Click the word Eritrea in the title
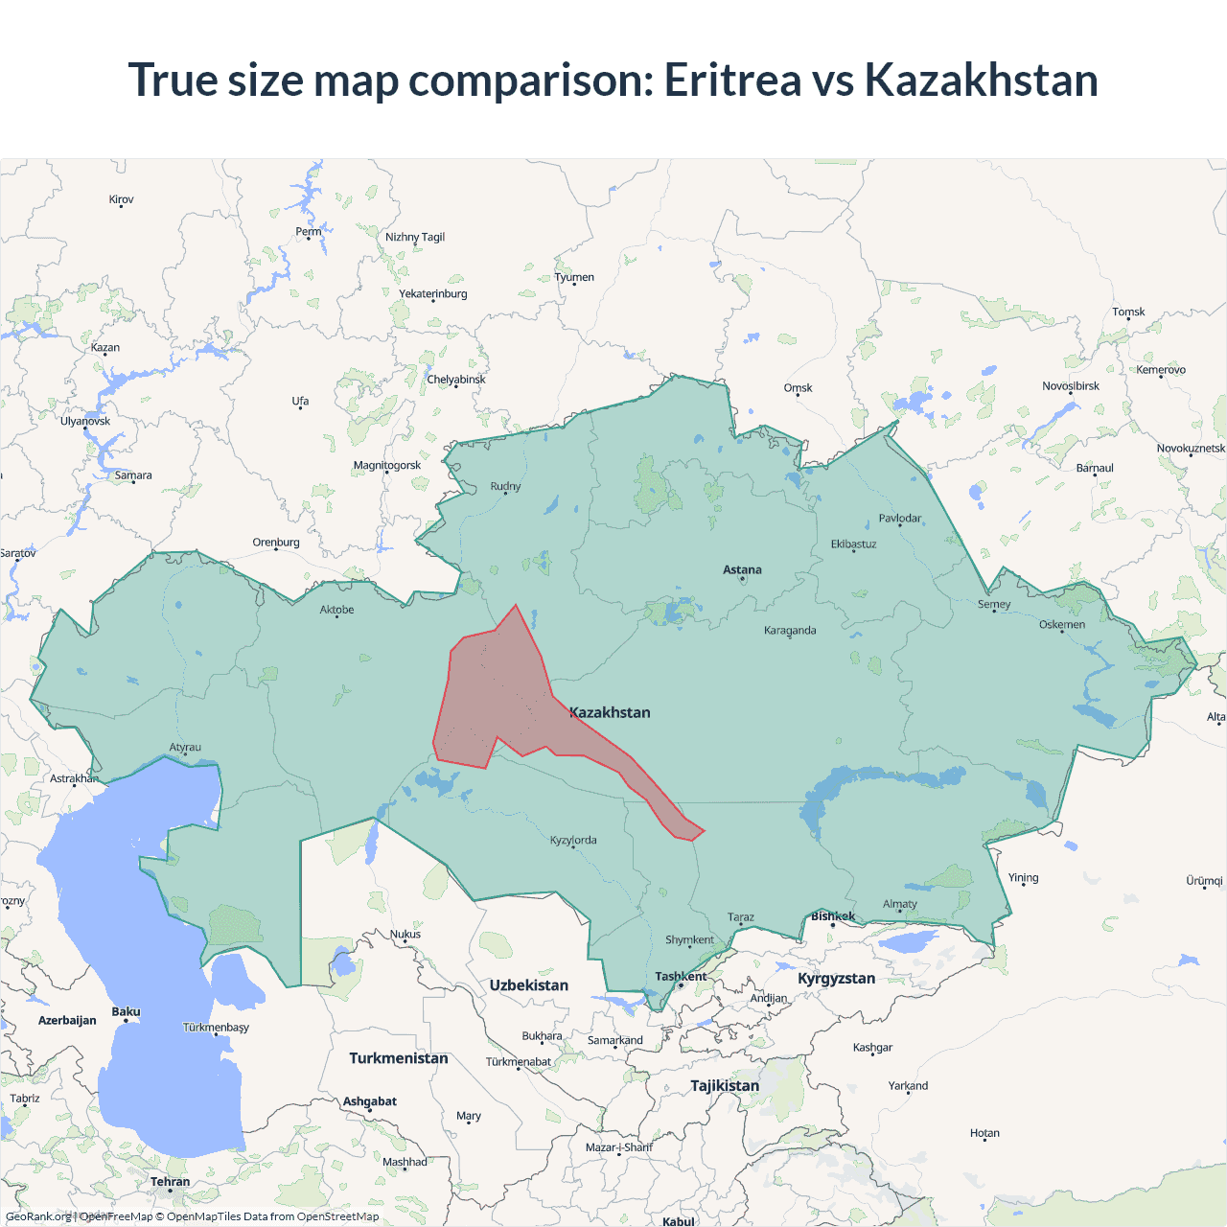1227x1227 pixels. click(732, 80)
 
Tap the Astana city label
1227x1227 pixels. click(742, 569)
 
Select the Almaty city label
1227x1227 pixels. click(899, 904)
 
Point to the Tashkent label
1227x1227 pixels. click(681, 976)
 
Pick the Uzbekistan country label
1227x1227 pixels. click(528, 985)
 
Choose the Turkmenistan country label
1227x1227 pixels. click(398, 1058)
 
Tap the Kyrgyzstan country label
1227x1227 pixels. click(836, 978)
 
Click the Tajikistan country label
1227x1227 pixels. click(725, 1085)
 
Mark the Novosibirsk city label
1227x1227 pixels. click(1071, 386)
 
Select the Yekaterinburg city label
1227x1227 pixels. click(433, 293)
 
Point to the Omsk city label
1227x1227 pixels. click(798, 388)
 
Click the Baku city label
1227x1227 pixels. click(126, 1011)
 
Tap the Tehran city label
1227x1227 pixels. click(170, 1181)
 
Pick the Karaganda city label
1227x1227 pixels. click(790, 630)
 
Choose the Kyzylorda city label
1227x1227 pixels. click(573, 840)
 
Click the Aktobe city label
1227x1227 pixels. click(336, 610)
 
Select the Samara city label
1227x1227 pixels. click(133, 475)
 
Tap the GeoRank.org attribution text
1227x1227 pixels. click(38, 1216)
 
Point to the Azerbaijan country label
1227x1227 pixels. click(67, 1020)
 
